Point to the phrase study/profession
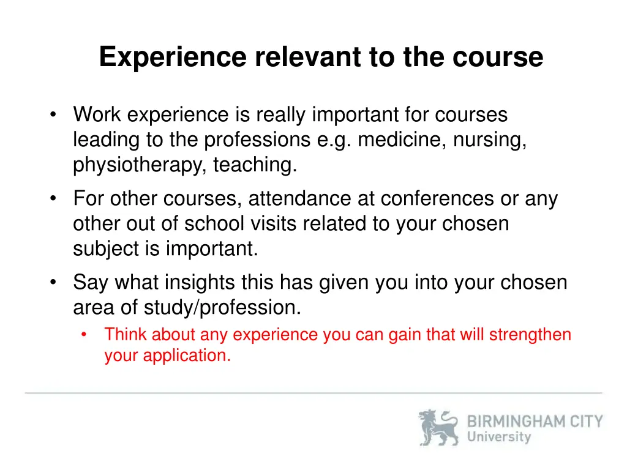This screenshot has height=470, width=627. (222, 308)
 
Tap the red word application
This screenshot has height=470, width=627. (187, 356)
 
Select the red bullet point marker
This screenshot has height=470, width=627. (84, 335)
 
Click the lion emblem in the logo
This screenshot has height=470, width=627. (438, 427)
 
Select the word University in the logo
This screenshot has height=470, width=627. (498, 437)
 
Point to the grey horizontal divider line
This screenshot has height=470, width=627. (313, 393)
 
